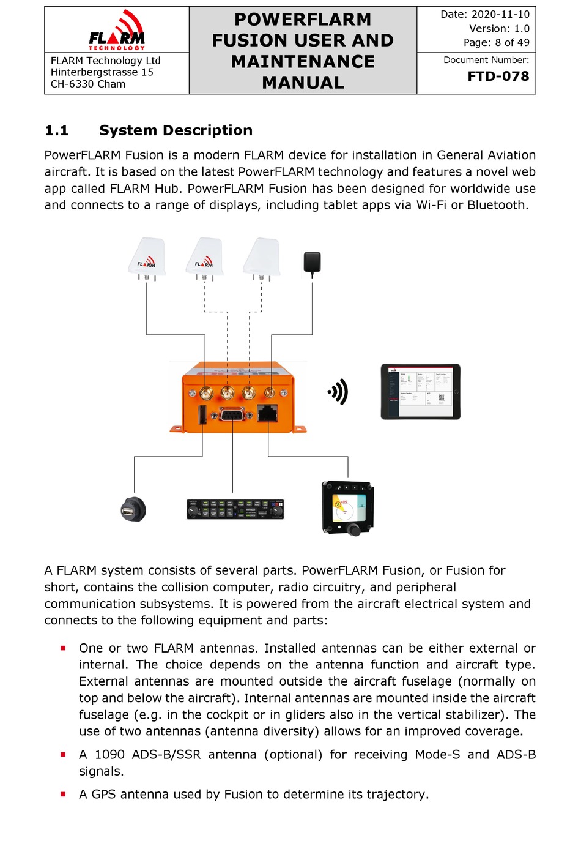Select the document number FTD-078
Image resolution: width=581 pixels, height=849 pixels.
pyautogui.click(x=498, y=77)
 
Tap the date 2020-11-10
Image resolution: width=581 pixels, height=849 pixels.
pyautogui.click(x=500, y=14)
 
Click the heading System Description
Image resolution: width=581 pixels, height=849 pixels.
pyautogui.click(x=176, y=130)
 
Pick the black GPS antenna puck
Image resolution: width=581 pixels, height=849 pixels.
pyautogui.click(x=312, y=263)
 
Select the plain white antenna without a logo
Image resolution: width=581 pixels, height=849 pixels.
pyautogui.click(x=262, y=258)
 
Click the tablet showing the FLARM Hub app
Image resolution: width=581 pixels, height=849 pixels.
pyautogui.click(x=420, y=392)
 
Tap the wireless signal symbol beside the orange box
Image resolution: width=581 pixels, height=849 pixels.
pyautogui.click(x=338, y=392)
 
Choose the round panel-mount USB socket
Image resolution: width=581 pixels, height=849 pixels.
pyautogui.click(x=133, y=509)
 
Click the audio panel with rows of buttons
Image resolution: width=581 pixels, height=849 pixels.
pyautogui.click(x=235, y=509)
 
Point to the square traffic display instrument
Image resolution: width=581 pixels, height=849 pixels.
pyautogui.click(x=347, y=507)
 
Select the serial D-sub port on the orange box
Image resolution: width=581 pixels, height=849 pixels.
pyautogui.click(x=231, y=414)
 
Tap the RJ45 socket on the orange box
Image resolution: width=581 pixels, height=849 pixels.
pyautogui.click(x=267, y=413)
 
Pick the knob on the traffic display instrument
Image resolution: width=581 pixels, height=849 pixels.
pyautogui.click(x=353, y=529)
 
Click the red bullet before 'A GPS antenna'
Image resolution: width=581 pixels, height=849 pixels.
pyautogui.click(x=63, y=794)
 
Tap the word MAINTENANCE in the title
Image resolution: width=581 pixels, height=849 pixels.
pyautogui.click(x=303, y=62)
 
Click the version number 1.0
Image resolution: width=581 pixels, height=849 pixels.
pyautogui.click(x=522, y=28)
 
